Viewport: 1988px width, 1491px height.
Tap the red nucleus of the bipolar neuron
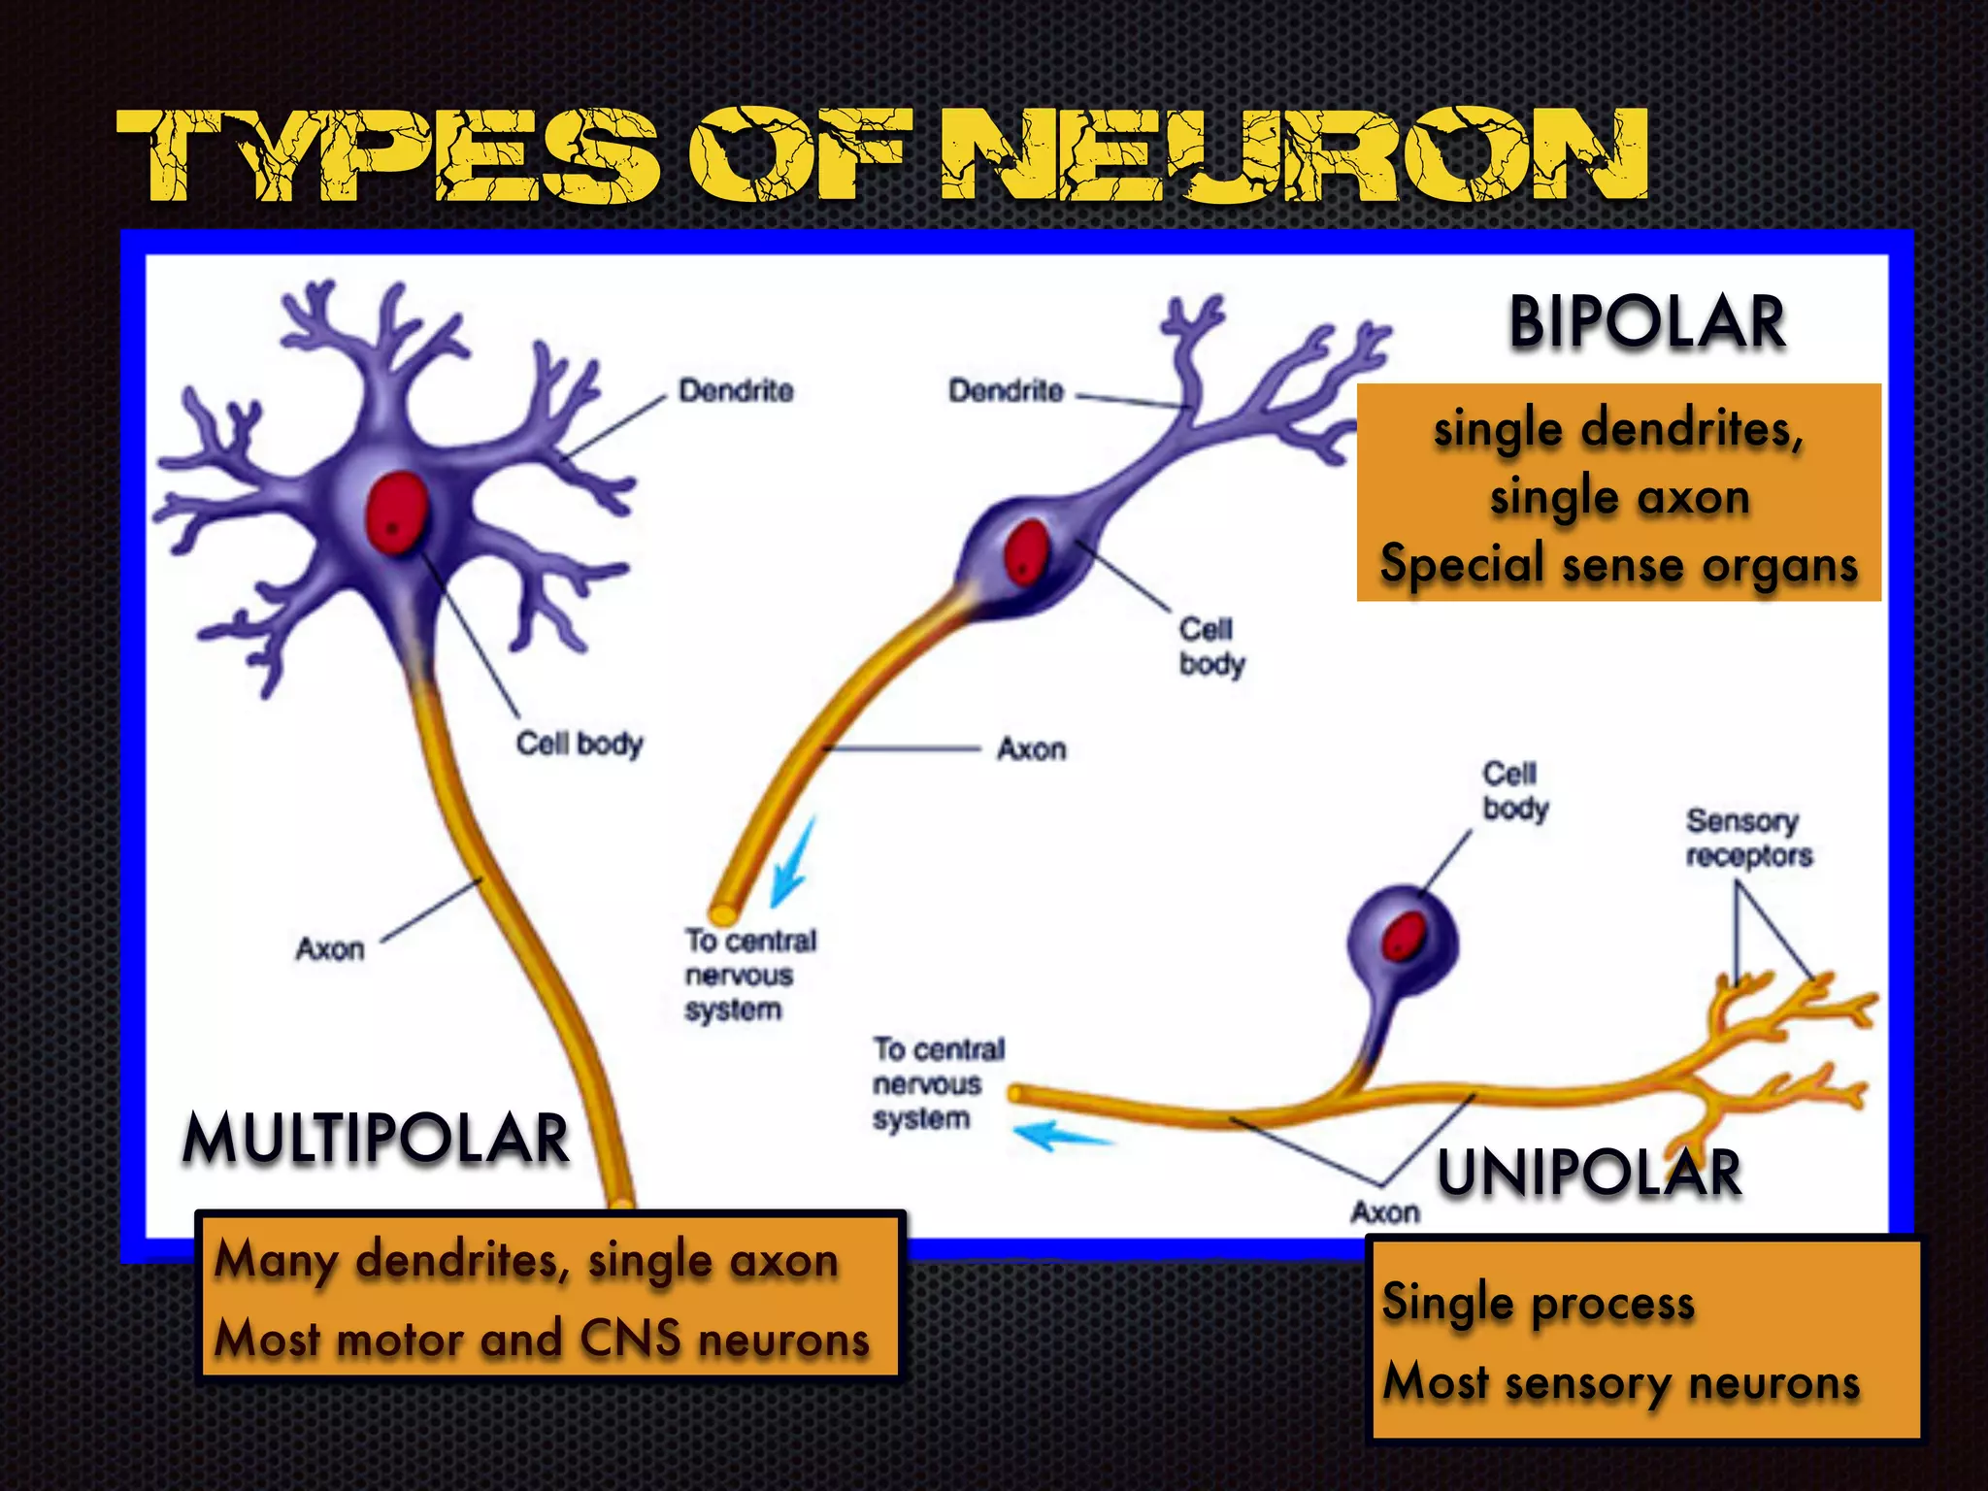click(1026, 550)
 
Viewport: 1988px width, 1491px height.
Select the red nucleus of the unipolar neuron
click(1404, 936)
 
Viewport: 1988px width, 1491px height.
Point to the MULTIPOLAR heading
click(376, 1138)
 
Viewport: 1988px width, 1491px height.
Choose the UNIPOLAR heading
click(1589, 1172)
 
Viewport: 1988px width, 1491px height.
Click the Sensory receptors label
click(1748, 838)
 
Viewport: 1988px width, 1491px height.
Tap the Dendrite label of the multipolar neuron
click(736, 391)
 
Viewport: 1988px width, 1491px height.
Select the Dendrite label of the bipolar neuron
click(1006, 391)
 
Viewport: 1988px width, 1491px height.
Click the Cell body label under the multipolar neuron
click(579, 744)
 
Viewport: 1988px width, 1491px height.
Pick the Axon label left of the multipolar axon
click(330, 948)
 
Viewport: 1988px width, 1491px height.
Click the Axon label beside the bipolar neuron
click(1031, 749)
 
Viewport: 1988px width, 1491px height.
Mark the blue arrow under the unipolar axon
click(1060, 1135)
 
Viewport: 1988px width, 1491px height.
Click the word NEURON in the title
click(1296, 155)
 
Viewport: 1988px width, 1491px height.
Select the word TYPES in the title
click(388, 155)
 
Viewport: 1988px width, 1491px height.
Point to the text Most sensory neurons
click(1621, 1381)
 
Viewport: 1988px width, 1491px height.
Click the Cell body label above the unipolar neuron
click(1514, 791)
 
